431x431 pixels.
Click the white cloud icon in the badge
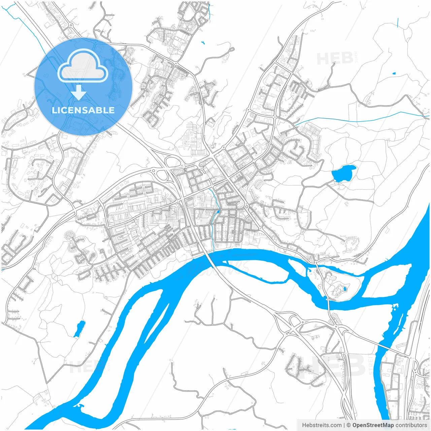click(x=83, y=66)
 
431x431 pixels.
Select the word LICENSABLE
click(x=83, y=110)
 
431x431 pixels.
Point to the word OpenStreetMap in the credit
click(x=373, y=425)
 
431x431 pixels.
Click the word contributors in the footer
click(x=411, y=425)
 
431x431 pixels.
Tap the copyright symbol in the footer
click(x=349, y=425)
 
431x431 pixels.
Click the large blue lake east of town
click(x=343, y=173)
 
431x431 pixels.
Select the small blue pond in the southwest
click(x=80, y=328)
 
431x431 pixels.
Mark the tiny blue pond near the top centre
click(x=203, y=43)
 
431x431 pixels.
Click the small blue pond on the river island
click(x=344, y=289)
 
